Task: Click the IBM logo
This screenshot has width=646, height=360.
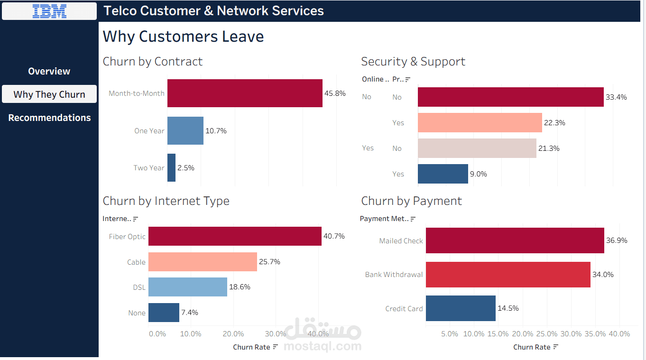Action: [49, 11]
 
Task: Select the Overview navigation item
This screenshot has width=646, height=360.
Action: [49, 71]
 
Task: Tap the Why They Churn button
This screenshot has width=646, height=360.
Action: [49, 94]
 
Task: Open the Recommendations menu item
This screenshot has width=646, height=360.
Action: [49, 118]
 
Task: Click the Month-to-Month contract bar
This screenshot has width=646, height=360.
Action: [245, 93]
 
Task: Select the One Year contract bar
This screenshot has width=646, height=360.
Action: [185, 131]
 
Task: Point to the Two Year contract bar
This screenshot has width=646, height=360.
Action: [171, 167]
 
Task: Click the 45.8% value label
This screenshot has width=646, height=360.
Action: [335, 93]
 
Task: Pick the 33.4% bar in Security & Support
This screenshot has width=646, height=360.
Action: [511, 97]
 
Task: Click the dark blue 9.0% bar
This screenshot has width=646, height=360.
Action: [443, 174]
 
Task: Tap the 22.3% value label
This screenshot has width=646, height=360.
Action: [554, 123]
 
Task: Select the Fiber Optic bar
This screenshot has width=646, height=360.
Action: [235, 236]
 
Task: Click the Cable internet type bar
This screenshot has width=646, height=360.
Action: [203, 262]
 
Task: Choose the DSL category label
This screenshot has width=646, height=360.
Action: [139, 287]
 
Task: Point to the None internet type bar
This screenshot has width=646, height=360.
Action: [164, 313]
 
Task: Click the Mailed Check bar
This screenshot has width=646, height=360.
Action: [515, 240]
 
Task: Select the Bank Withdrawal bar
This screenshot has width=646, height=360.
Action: [508, 275]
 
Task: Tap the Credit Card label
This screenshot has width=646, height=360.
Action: [404, 309]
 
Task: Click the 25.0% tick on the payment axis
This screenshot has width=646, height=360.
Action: [546, 334]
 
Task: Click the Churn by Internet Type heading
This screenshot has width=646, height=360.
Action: [166, 201]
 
